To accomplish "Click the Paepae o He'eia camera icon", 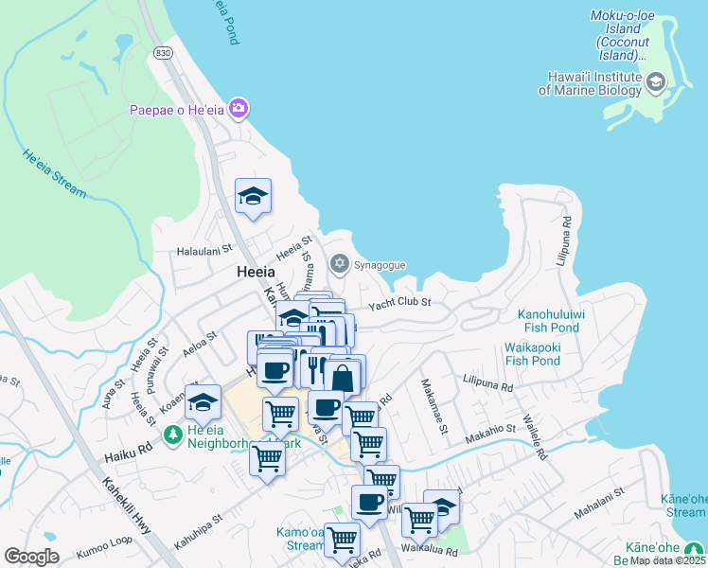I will (x=239, y=109).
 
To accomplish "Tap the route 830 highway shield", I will (x=164, y=54).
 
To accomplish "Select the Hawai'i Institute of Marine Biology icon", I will (x=655, y=82).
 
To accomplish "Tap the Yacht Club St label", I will (x=399, y=303).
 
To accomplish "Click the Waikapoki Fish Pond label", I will (x=532, y=354).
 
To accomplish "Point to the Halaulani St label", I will (x=205, y=251).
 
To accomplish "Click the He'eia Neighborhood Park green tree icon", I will (x=172, y=435).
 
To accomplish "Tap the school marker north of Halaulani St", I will (x=253, y=196).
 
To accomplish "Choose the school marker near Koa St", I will (x=203, y=402).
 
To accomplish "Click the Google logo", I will (x=31, y=556).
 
